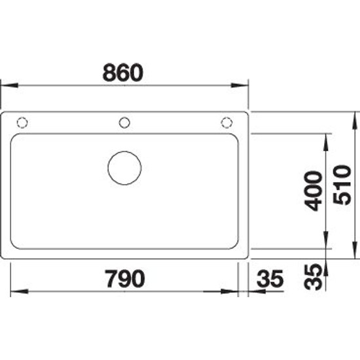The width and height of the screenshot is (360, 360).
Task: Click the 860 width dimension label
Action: click(x=123, y=73)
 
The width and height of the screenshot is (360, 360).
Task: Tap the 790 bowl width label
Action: click(x=124, y=278)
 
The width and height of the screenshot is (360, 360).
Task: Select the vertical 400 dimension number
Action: click(x=313, y=190)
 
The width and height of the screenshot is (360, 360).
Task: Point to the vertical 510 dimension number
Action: click(x=342, y=185)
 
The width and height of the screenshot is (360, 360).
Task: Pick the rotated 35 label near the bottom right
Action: click(x=313, y=277)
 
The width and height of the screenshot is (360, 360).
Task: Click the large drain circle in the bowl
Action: click(x=124, y=168)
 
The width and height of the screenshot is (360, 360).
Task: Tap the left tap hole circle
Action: click(x=22, y=122)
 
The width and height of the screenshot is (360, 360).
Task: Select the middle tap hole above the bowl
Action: click(x=124, y=122)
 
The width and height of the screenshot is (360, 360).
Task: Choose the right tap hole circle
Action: click(x=226, y=122)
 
